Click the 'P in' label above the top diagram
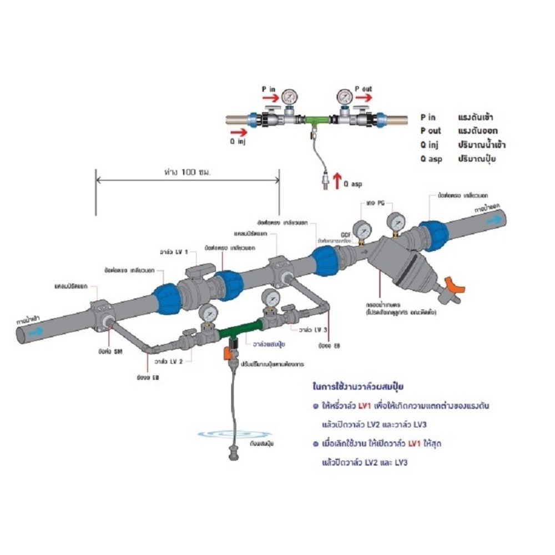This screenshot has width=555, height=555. pyautogui.click(x=269, y=89)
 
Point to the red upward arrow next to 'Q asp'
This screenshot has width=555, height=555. pyautogui.click(x=336, y=182)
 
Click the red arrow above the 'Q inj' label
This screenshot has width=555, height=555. pyautogui.click(x=238, y=132)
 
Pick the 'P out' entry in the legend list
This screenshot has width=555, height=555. pyautogui.click(x=431, y=131)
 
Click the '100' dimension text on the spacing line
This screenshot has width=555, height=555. pyautogui.click(x=189, y=173)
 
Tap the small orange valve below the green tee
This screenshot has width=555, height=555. pyautogui.click(x=227, y=352)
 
